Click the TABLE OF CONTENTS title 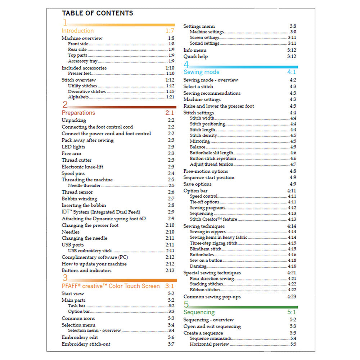pos(97,13)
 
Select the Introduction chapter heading pos(77,31)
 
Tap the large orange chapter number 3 pos(65,278)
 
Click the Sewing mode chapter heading pos(201,72)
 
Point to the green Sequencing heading pos(199,312)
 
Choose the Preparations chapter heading pos(78,113)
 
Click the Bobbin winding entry pos(79,199)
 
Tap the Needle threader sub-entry pos(84,186)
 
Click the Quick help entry pos(195,57)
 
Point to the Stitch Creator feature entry pos(213,219)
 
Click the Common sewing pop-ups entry pos(212,297)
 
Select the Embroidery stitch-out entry pos(86,344)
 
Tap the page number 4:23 pos(292,297)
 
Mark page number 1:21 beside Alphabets pos(170,97)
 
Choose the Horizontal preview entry pos(209,344)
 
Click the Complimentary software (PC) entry pos(95,257)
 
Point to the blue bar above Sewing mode pos(245,67)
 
